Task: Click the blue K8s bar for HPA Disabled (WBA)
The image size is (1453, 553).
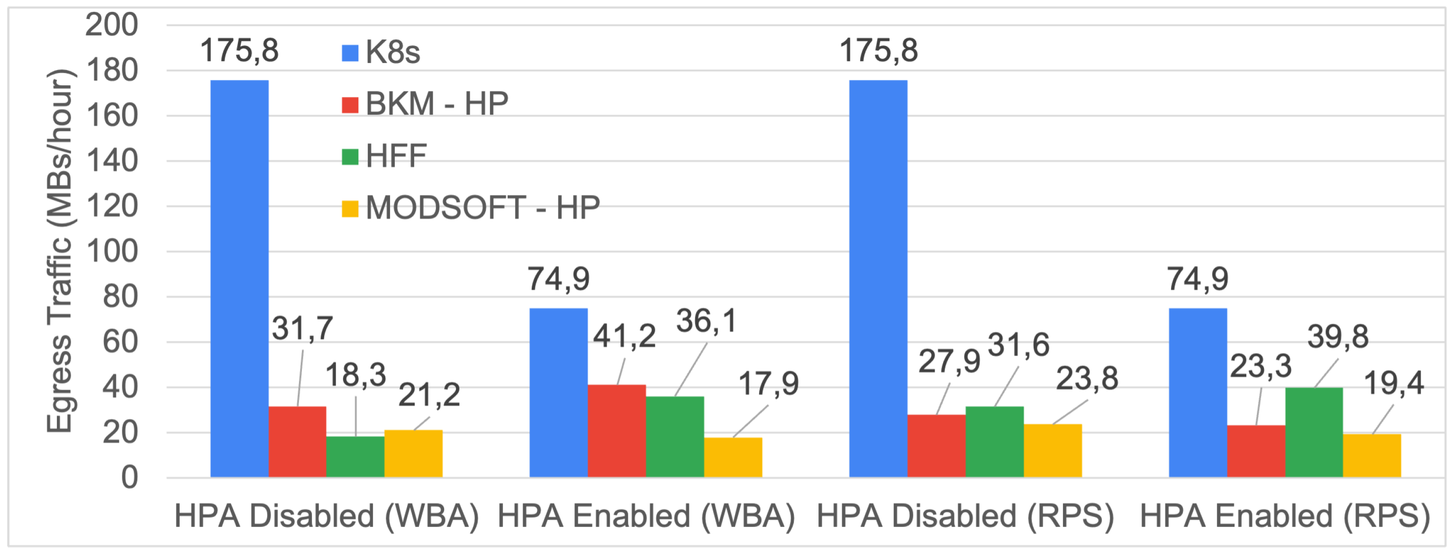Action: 239,278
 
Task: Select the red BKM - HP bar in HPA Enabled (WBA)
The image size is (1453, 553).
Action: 617,431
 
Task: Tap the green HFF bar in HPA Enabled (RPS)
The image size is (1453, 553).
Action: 1314,432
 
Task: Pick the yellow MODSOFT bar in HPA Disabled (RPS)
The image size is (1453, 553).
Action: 1053,450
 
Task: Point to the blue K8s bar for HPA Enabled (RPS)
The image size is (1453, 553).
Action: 1198,392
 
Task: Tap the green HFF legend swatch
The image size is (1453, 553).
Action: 350,156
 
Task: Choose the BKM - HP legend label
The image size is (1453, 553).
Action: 436,104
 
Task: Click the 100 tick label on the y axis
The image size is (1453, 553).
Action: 112,251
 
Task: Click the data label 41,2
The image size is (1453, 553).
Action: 624,337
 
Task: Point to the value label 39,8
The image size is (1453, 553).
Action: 1338,337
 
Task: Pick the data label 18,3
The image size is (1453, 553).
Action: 355,375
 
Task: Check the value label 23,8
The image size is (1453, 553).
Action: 1087,378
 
